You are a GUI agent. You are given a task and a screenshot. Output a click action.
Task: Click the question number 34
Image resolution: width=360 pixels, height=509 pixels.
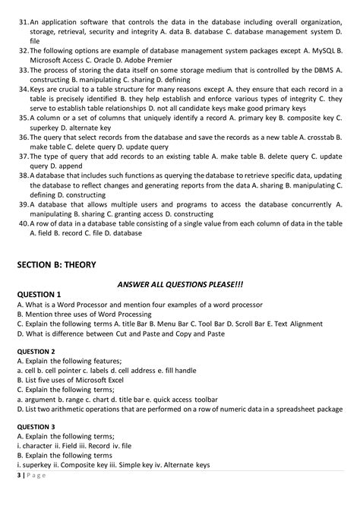click(22, 89)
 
